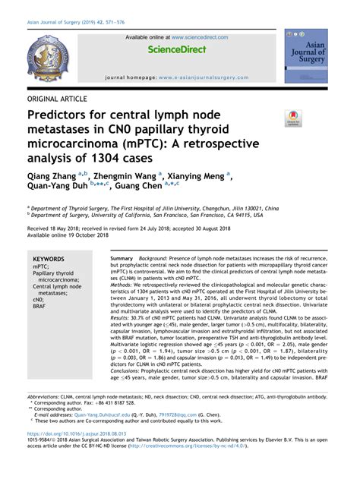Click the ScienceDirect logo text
click(x=176, y=49)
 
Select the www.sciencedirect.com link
click(x=200, y=37)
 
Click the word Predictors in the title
click(x=60, y=115)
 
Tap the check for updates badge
click(x=292, y=118)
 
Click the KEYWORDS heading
click(x=49, y=260)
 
